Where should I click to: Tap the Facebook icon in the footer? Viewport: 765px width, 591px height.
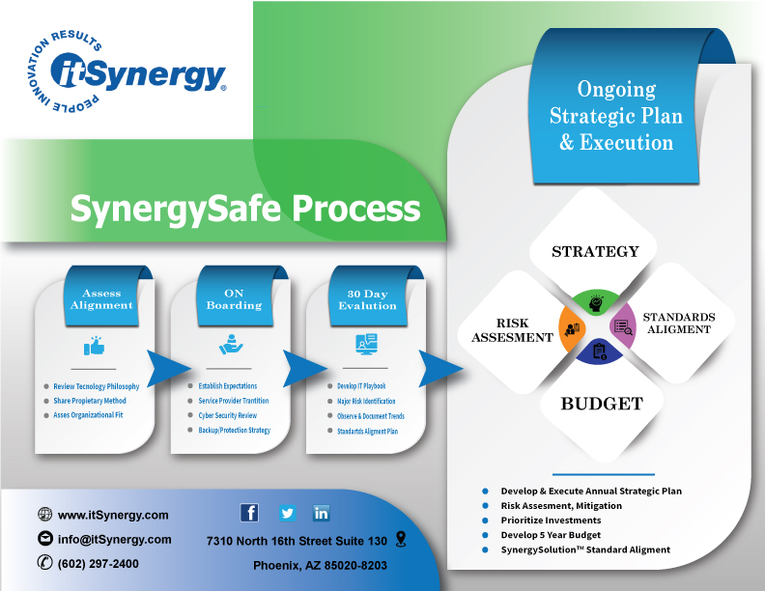(249, 513)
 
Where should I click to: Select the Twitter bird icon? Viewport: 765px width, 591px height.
(287, 513)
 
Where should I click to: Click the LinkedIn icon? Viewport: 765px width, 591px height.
(322, 513)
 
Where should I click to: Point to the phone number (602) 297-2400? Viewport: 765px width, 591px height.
(98, 564)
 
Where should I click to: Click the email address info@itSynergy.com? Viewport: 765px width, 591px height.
(114, 540)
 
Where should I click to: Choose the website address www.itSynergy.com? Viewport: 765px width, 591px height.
(113, 515)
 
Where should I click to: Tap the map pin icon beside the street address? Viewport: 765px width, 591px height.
(401, 539)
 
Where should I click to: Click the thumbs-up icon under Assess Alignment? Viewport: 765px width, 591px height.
(94, 346)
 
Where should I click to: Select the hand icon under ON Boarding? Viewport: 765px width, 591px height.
(229, 344)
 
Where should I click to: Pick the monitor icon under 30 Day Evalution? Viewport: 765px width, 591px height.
(366, 344)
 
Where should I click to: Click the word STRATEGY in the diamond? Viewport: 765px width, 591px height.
(595, 252)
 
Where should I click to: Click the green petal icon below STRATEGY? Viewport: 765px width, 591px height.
(596, 301)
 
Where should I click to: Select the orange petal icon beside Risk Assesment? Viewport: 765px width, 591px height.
(572, 328)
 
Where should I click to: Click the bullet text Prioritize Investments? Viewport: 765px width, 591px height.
(551, 521)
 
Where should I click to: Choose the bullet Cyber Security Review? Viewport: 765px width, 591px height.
(227, 415)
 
